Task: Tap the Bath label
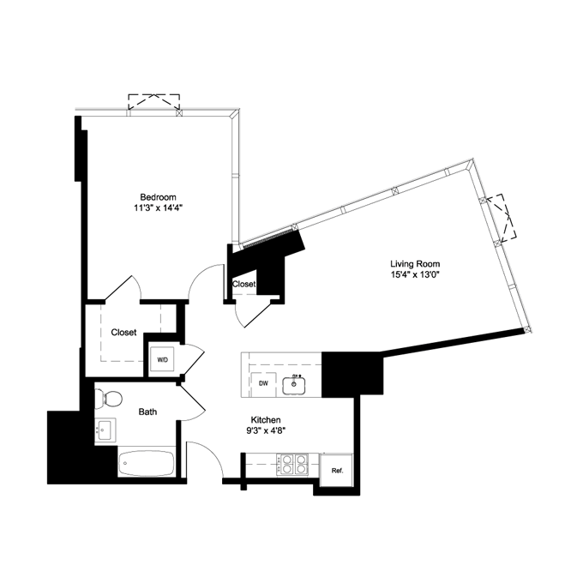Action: [148, 412]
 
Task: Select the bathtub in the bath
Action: [147, 465]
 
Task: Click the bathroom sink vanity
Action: [105, 430]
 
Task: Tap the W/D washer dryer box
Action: [161, 358]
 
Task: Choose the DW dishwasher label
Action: [264, 384]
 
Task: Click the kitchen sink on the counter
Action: [297, 385]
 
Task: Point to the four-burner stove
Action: [294, 465]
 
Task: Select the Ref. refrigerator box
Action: [336, 470]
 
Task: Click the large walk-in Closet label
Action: [123, 332]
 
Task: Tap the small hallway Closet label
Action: [243, 284]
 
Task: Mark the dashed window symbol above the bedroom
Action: [154, 103]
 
